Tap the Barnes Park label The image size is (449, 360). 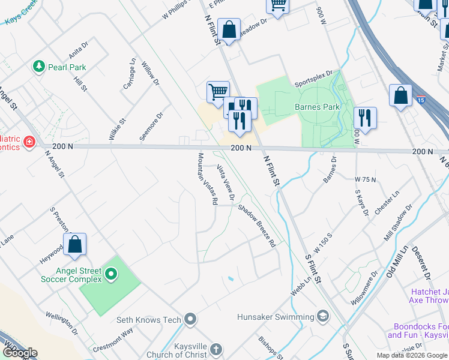(317, 107)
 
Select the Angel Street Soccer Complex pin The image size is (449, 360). (110, 275)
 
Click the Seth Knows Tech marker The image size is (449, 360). (191, 319)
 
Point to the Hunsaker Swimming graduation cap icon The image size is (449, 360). (323, 316)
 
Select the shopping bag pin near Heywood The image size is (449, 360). (74, 245)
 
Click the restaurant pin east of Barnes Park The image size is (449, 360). (364, 118)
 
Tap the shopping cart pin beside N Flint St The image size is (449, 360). (218, 92)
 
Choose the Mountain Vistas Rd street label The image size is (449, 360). (206, 179)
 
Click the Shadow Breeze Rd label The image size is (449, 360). (256, 226)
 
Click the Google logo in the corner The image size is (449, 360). (20, 352)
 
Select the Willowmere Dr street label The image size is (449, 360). (366, 285)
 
